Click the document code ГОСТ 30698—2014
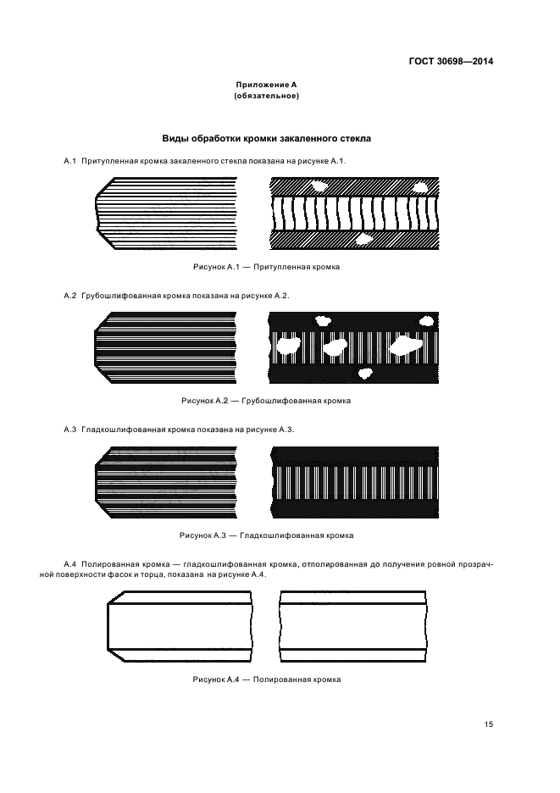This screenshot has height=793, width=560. pyautogui.click(x=452, y=62)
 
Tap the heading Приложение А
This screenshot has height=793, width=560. pyautogui.click(x=266, y=85)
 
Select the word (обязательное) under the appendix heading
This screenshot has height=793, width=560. pyautogui.click(x=266, y=96)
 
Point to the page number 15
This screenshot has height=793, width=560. pyautogui.click(x=488, y=724)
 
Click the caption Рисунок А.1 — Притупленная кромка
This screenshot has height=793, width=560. pyautogui.click(x=266, y=267)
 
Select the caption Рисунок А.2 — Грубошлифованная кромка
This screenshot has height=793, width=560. pyautogui.click(x=266, y=401)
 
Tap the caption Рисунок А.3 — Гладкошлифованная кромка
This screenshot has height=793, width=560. pyautogui.click(x=266, y=535)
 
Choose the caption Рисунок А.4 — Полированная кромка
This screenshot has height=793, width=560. pyautogui.click(x=266, y=679)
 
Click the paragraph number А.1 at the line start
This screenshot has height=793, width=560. pyautogui.click(x=70, y=160)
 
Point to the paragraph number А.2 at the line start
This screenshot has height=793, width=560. pyautogui.click(x=70, y=295)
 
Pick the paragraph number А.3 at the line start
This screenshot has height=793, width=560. pyautogui.click(x=70, y=430)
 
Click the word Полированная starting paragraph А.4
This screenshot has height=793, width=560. pyautogui.click(x=114, y=563)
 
